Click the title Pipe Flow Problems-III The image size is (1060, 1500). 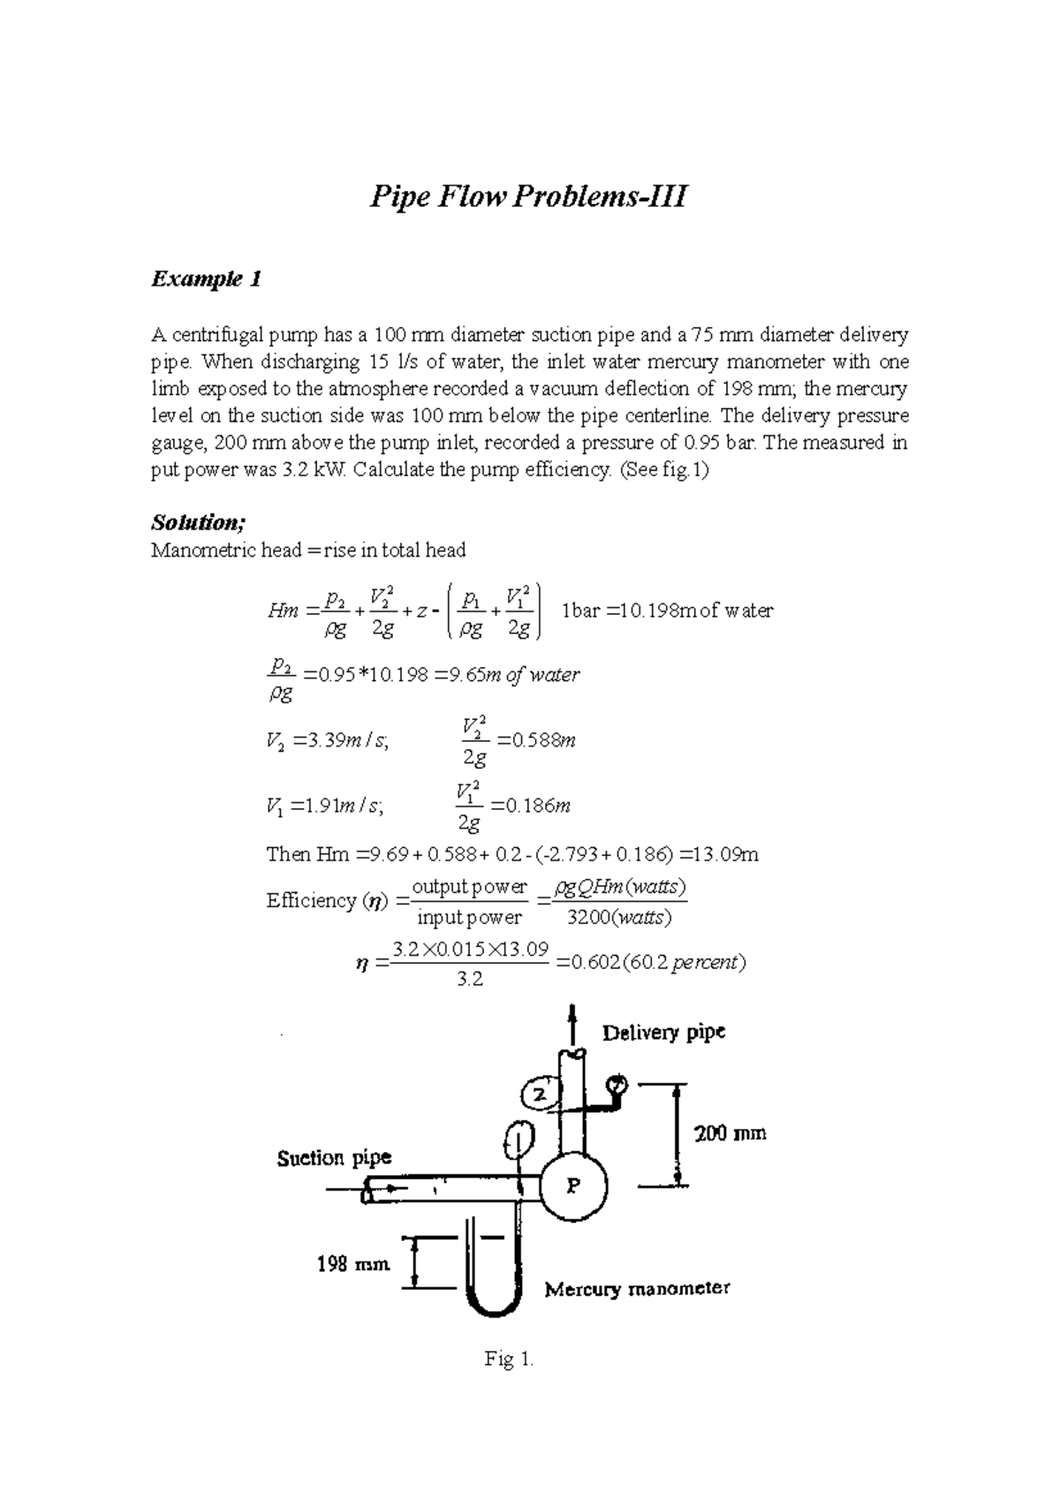pos(527,196)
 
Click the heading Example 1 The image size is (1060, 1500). pos(206,280)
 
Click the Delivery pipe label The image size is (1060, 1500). pos(663,1032)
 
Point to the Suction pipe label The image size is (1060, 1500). pos(334,1157)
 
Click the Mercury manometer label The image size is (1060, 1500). pos(637,1289)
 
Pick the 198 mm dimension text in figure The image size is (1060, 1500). pos(353,1264)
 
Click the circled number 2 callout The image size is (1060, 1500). pos(540,1095)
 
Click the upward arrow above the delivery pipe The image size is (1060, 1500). pos(573,1023)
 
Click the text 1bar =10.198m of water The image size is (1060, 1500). pos(667,610)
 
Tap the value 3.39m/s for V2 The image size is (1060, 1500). pos(345,740)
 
